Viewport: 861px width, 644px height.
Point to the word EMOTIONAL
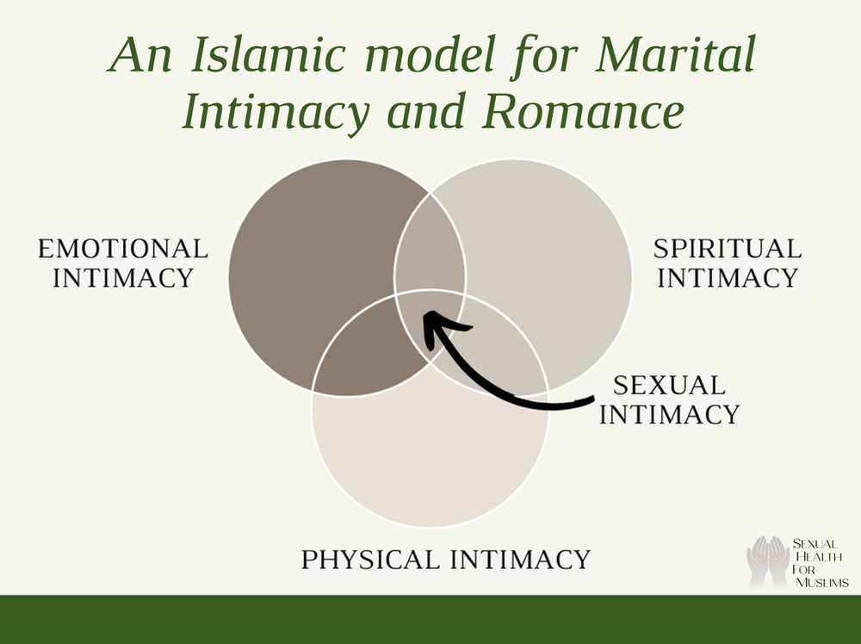point(122,250)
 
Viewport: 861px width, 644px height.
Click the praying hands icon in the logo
point(767,561)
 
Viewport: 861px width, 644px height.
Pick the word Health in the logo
point(818,556)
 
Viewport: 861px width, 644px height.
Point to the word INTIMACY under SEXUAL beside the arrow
point(669,414)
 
